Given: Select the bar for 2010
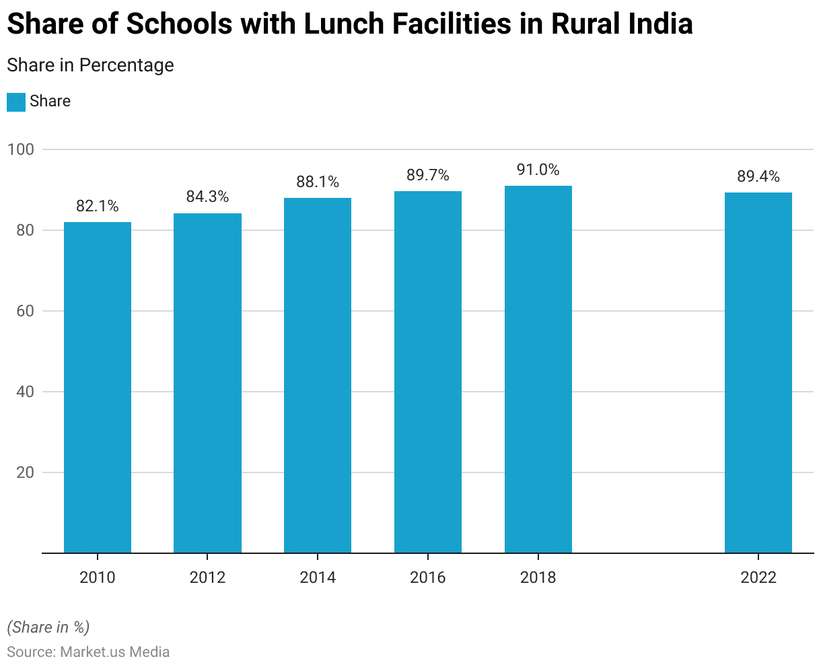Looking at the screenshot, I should (98, 388).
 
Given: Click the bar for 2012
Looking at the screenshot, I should (207, 383).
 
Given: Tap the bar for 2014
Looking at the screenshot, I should (318, 376).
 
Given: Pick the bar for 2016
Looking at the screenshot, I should (428, 372).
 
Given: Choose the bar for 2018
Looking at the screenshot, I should (538, 369).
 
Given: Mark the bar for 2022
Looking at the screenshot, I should (758, 373).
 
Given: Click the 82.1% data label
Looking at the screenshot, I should (98, 207).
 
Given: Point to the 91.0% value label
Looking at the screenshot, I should (538, 170).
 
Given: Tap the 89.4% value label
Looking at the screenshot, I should (758, 177).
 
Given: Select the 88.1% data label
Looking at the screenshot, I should (318, 182).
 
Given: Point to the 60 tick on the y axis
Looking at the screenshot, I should (24, 311).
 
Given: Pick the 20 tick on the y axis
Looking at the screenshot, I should (24, 472).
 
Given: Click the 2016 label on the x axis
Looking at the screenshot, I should (428, 577).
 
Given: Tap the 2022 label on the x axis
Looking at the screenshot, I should (758, 577).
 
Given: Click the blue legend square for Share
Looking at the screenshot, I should (16, 102).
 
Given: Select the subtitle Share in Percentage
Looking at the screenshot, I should (90, 65).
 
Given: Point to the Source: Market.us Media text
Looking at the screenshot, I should (88, 652).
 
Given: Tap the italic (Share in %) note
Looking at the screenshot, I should (48, 627).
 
